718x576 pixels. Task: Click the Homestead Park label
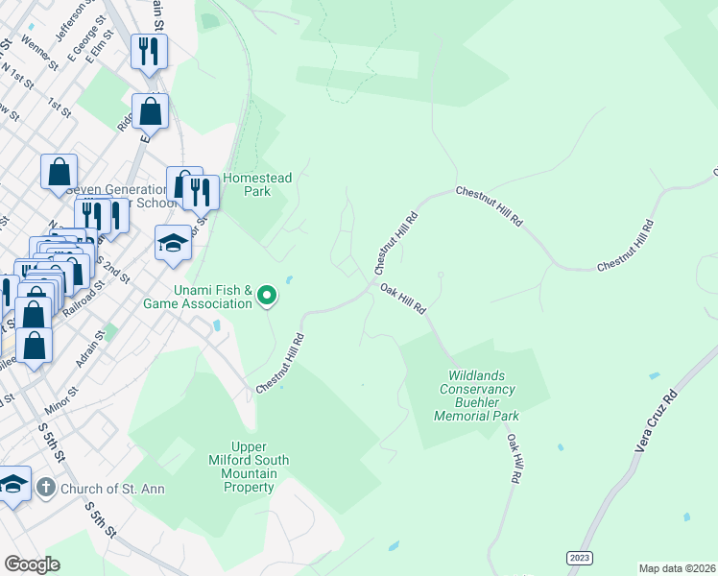click(x=257, y=184)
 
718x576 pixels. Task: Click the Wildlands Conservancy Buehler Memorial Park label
click(x=477, y=396)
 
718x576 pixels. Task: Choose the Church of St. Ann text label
click(x=112, y=489)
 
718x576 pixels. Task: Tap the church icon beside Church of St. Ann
click(x=45, y=488)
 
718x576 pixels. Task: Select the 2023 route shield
click(x=579, y=558)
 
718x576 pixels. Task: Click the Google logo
click(x=32, y=564)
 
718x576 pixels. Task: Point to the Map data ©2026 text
click(x=677, y=567)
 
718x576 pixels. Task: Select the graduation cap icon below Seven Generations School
click(x=174, y=243)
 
